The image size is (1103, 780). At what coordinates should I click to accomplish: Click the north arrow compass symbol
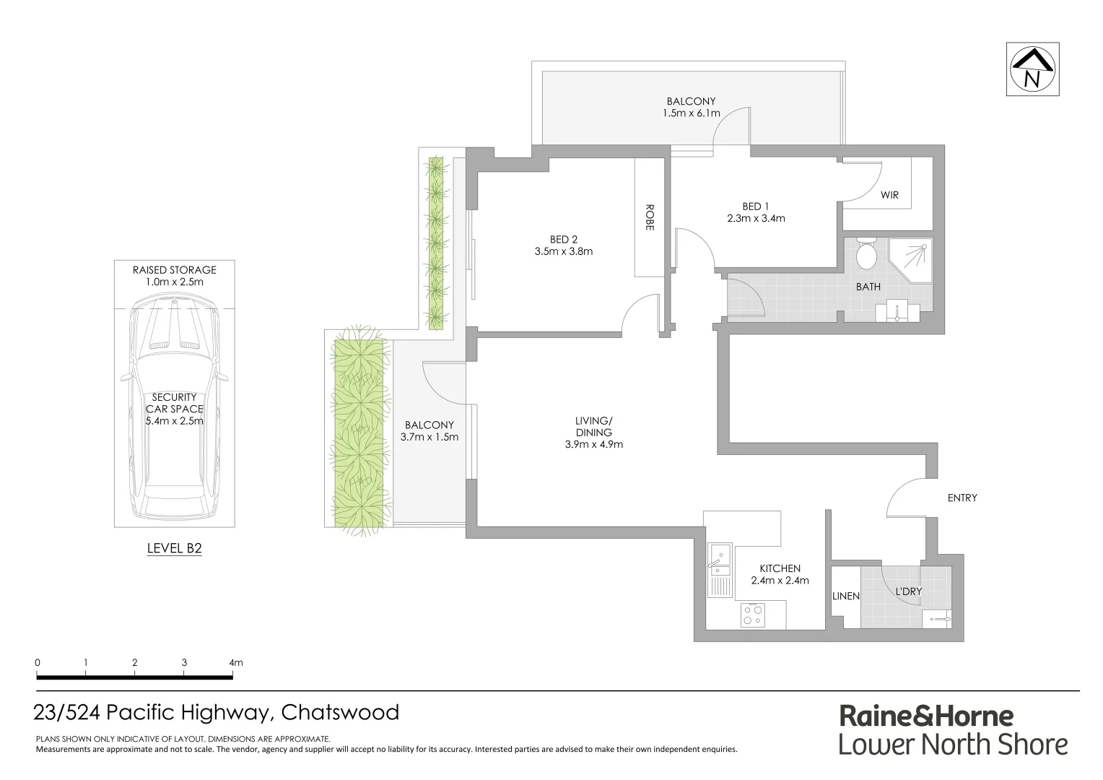click(x=1034, y=69)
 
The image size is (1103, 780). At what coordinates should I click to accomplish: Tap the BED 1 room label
click(x=755, y=206)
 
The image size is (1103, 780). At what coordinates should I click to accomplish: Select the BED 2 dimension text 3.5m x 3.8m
click(x=563, y=252)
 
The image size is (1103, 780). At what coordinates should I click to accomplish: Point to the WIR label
click(x=889, y=195)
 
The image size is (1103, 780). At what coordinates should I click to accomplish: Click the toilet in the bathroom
click(x=865, y=253)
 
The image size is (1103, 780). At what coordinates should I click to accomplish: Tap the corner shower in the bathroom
click(x=911, y=259)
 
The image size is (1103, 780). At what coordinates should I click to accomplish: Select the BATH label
click(x=868, y=287)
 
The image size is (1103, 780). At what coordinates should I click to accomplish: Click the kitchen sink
click(x=719, y=556)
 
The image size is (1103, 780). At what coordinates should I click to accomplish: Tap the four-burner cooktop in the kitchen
click(x=754, y=615)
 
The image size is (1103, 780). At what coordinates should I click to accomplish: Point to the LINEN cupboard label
click(x=846, y=596)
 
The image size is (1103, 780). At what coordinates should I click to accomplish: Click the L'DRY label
click(x=908, y=591)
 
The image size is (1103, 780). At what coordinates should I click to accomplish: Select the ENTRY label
click(x=962, y=498)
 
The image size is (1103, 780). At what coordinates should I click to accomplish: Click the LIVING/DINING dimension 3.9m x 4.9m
click(x=593, y=444)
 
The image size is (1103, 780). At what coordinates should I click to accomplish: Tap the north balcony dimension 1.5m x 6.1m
click(x=691, y=113)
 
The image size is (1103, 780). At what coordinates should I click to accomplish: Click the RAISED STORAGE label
click(x=174, y=270)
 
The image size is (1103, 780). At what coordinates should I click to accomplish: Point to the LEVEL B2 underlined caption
click(x=174, y=548)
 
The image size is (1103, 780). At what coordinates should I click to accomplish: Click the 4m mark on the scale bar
click(x=235, y=662)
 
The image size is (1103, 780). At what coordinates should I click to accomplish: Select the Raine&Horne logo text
click(x=925, y=716)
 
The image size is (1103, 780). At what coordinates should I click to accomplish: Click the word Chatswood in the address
click(x=340, y=713)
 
